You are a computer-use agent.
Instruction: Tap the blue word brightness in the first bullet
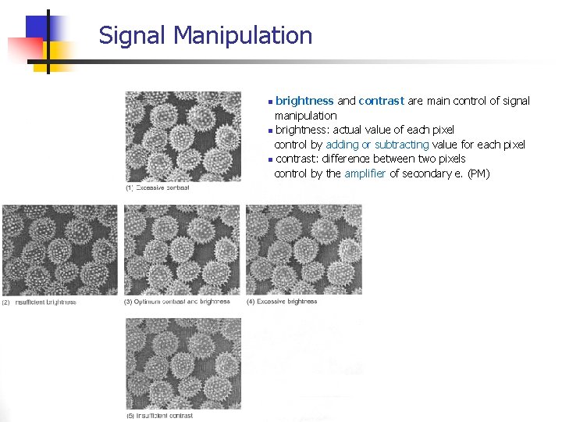tap(304, 101)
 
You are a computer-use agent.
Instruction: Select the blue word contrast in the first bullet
tap(381, 101)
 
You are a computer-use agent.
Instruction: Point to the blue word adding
tap(342, 145)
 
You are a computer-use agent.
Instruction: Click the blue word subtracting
tap(401, 145)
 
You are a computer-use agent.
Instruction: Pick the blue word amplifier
tap(365, 173)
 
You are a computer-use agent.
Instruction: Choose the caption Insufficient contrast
tap(165, 416)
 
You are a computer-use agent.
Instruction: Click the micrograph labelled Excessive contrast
tap(183, 137)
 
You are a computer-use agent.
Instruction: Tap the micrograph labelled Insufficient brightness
tap(59, 250)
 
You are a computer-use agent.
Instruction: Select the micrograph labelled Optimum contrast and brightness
tap(183, 250)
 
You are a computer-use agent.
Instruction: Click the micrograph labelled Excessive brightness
tap(304, 250)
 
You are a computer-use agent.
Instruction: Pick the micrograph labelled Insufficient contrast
tap(183, 363)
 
